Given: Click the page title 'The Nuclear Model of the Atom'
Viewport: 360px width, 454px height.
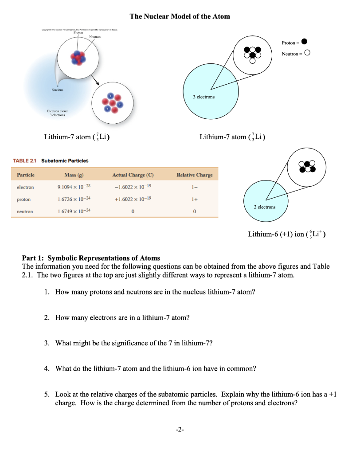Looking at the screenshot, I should [180, 16].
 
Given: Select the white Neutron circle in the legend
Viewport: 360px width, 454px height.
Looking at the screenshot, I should [307, 54].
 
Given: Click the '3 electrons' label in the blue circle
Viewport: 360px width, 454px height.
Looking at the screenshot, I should [204, 96].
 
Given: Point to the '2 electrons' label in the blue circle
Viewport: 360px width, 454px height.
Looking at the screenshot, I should [264, 207].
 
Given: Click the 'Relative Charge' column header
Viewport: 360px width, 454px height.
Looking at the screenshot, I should [194, 175].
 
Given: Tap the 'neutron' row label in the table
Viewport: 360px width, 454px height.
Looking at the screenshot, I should [25, 212].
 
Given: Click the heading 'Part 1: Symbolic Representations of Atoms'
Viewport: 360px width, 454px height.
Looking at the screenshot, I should [91, 258].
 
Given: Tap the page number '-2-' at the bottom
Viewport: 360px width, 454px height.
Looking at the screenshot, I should [180, 430].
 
